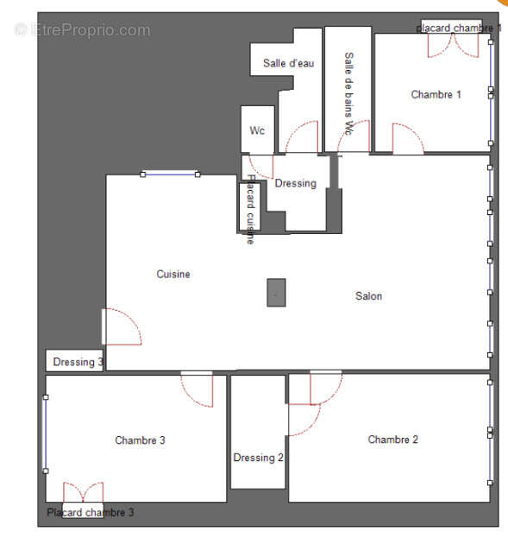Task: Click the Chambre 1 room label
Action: [436, 95]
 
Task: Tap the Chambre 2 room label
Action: [392, 440]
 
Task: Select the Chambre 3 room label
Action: [140, 440]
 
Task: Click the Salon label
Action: [368, 296]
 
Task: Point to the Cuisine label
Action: [173, 275]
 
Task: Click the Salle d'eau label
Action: [288, 64]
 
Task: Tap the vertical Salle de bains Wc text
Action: [348, 93]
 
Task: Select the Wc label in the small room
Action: [257, 131]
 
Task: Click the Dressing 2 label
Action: [258, 458]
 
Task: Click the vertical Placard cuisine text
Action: [250, 210]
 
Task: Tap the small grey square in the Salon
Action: [276, 293]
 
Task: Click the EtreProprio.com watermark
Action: [83, 30]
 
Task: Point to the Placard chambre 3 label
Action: [91, 512]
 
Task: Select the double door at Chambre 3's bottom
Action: [83, 493]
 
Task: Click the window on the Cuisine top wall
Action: [169, 174]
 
